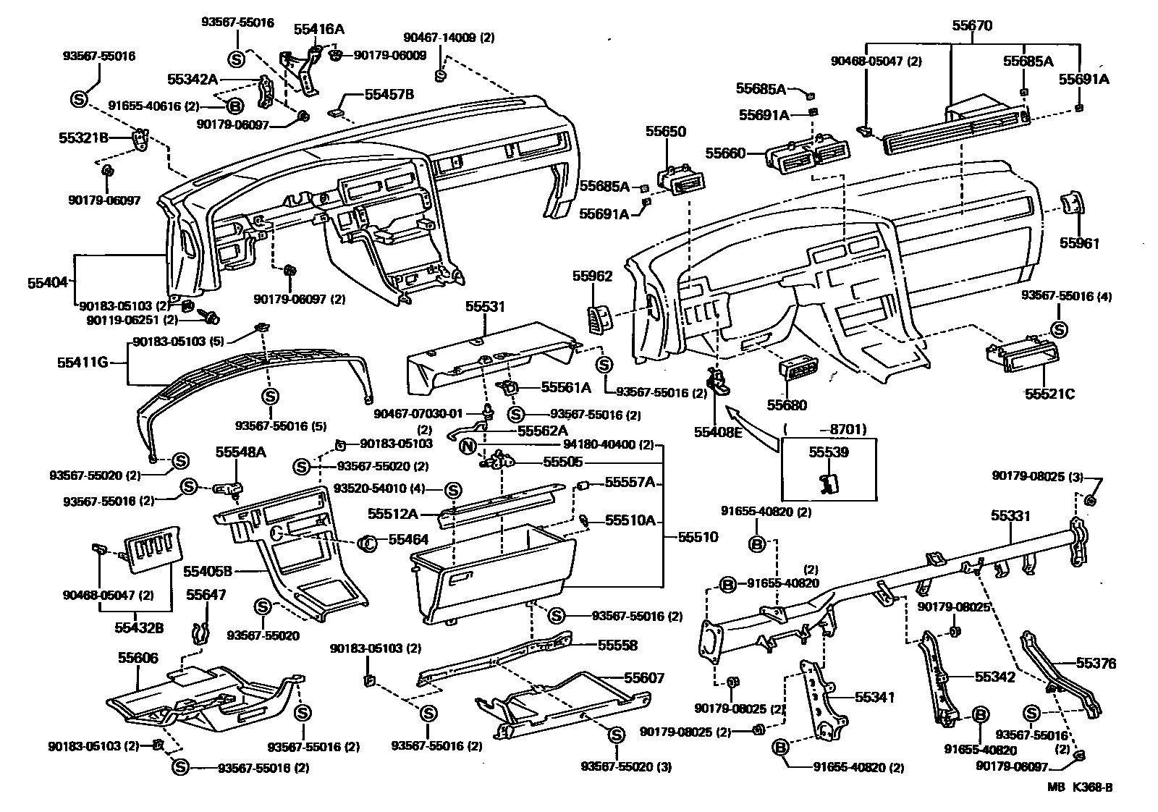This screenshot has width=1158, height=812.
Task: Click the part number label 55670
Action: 971,25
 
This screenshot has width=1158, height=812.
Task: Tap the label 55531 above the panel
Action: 485,308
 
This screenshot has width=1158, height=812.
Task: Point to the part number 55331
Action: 1010,516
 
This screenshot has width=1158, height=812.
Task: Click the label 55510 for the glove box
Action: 698,537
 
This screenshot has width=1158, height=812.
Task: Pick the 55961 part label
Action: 1079,244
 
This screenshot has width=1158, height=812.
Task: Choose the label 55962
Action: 592,276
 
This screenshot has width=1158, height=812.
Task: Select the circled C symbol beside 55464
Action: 368,541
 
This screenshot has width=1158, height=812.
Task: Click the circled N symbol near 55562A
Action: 468,446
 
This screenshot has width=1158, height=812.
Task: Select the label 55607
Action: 644,678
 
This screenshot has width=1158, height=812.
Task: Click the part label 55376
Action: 1096,663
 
